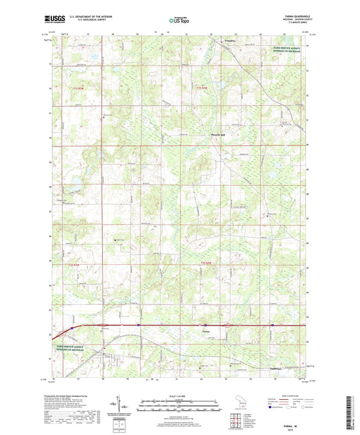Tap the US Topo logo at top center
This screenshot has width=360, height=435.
click(179, 20)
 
